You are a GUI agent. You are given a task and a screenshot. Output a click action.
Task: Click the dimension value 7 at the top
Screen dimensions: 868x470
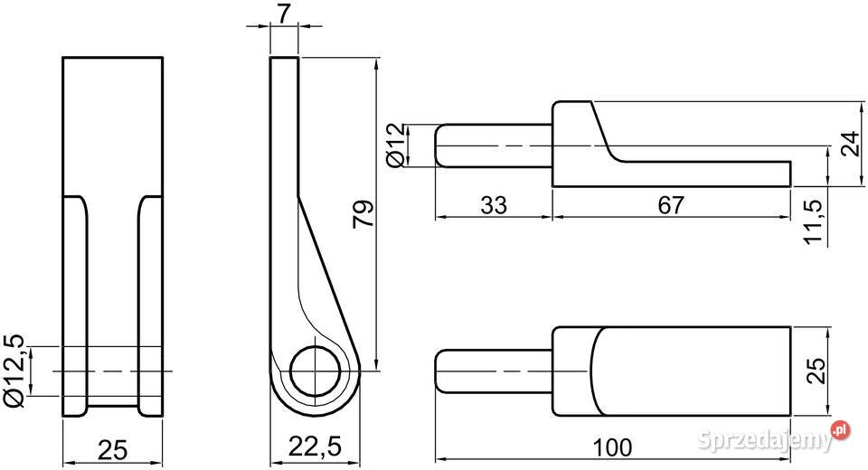click(284, 14)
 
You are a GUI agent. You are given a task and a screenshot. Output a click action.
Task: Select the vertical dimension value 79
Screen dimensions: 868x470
click(363, 214)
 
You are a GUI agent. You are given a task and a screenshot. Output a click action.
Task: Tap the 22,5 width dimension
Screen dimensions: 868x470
click(315, 446)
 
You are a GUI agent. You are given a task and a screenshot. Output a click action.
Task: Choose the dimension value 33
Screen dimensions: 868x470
click(494, 205)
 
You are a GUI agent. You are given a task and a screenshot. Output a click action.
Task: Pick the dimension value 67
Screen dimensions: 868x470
click(671, 205)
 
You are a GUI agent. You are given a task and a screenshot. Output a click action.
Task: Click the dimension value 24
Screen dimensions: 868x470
click(850, 144)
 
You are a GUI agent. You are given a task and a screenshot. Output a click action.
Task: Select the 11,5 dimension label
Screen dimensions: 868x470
click(814, 221)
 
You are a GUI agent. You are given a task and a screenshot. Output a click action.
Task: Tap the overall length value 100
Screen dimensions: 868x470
click(612, 447)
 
